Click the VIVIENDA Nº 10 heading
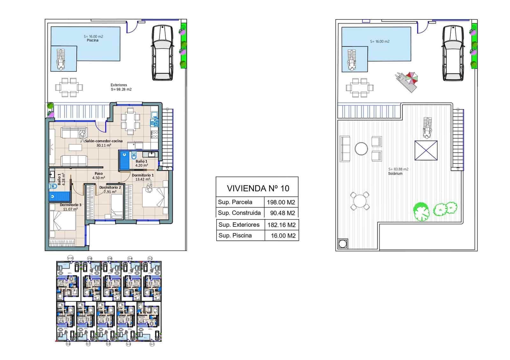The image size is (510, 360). pos(258,188)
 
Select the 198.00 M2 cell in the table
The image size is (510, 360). pos(281,202)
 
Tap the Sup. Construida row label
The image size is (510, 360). pos(239,213)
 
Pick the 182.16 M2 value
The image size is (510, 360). pos(281,225)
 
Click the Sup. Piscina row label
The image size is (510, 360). pos(235,235)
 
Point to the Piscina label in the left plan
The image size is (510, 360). pos(92,40)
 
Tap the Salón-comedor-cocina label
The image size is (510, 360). pos(104,141)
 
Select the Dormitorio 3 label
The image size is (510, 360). pos(70,205)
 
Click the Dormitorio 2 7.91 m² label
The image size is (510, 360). pos(110,190)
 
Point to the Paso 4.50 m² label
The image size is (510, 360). pos(98,176)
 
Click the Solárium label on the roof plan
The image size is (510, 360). pos(395,174)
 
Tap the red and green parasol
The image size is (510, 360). pos(412,77)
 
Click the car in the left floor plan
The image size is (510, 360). pos(162,53)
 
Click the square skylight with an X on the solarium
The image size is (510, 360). pos(426,150)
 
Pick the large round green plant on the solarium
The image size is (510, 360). pos(421,211)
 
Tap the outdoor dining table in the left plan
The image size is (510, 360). pos(69,87)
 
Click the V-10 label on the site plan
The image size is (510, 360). pos(70,258)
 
